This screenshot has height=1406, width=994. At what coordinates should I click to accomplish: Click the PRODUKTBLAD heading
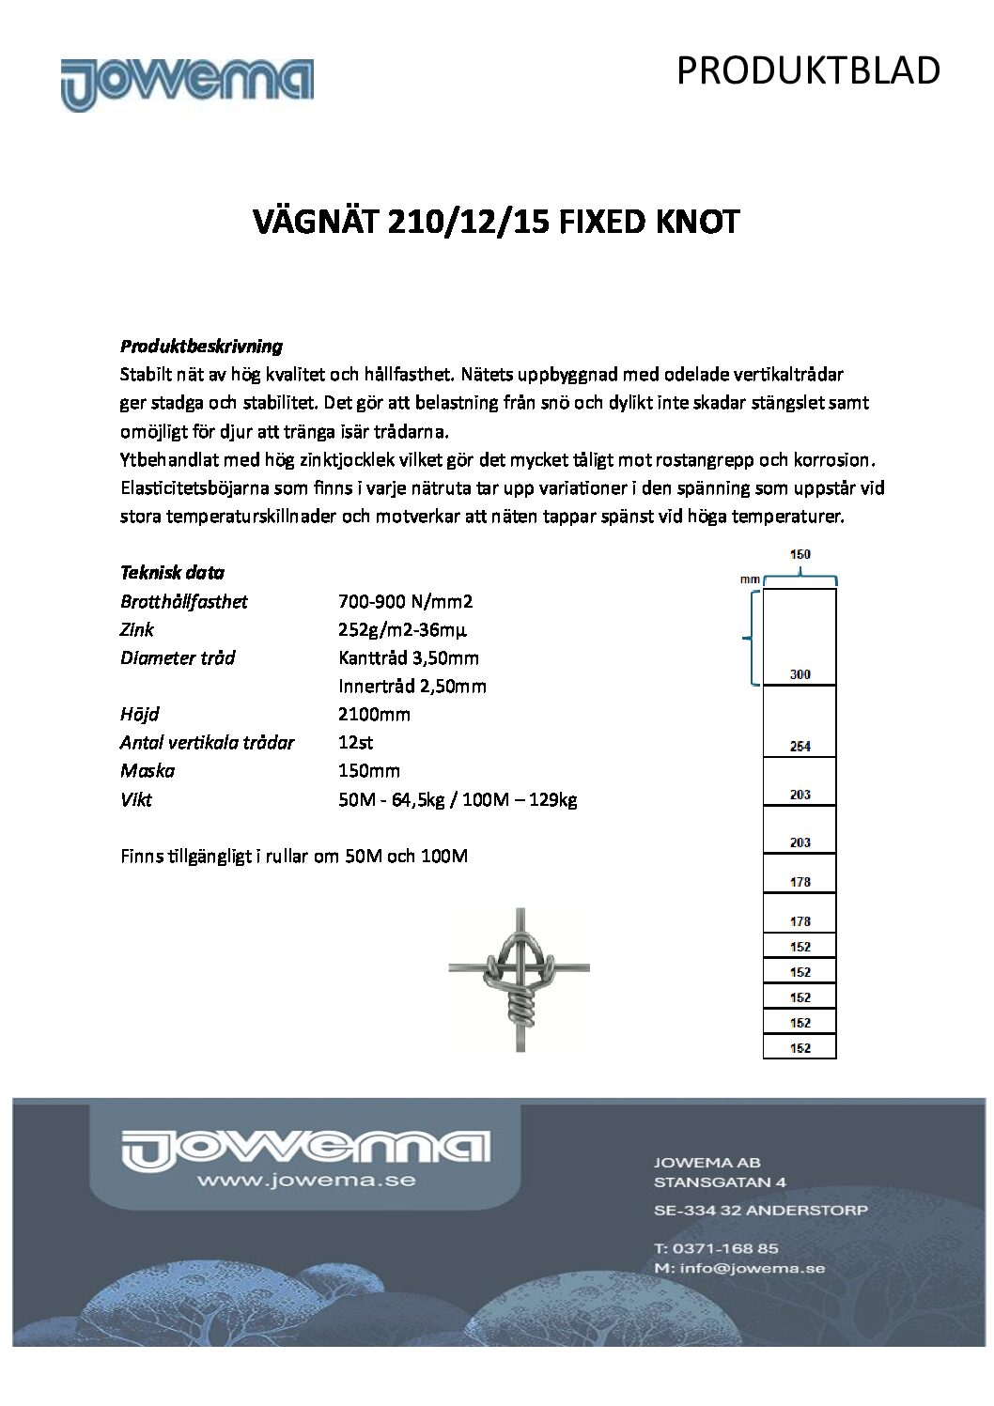808,70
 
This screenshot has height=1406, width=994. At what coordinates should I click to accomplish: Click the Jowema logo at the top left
187,84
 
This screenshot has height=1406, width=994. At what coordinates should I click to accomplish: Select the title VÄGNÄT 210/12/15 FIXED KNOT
497,223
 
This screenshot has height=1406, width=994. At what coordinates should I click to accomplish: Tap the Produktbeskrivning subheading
201,346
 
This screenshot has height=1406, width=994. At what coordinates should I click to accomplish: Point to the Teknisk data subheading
172,572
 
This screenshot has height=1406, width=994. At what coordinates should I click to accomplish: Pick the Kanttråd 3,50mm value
409,657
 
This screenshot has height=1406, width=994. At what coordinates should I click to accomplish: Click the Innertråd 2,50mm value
412,686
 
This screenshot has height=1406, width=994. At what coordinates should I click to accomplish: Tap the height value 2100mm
374,714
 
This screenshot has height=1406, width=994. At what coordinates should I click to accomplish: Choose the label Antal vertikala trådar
207,742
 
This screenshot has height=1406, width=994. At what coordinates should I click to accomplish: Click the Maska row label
148,770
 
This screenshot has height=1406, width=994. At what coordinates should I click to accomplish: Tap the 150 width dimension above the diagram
800,555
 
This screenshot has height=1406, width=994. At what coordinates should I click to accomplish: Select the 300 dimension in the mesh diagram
800,674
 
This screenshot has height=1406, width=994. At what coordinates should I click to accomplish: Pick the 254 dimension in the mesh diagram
800,747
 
